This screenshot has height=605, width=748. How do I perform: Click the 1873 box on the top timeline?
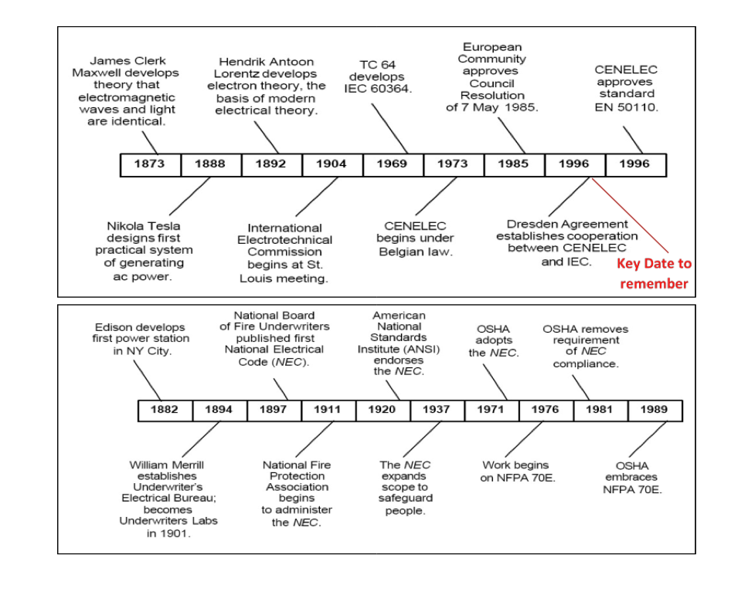[x=150, y=164]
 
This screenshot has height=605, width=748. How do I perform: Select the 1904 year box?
[x=331, y=164]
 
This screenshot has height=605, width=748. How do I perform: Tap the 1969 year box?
[x=393, y=164]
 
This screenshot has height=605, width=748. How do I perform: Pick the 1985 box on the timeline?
[x=514, y=164]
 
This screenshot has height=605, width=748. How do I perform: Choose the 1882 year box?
[x=165, y=410]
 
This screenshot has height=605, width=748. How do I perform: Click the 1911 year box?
[x=328, y=410]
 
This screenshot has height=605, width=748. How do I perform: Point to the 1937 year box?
[x=437, y=410]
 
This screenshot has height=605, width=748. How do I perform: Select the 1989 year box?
[x=654, y=410]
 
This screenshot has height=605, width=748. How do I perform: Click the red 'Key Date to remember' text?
[x=654, y=273]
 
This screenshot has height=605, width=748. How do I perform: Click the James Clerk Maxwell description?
[x=127, y=91]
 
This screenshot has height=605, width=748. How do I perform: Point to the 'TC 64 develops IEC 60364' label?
[x=379, y=77]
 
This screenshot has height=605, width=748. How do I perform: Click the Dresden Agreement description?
[x=567, y=243]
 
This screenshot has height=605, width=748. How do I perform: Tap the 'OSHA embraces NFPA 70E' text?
[x=632, y=478]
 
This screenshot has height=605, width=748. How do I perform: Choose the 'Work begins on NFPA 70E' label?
[x=515, y=471]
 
